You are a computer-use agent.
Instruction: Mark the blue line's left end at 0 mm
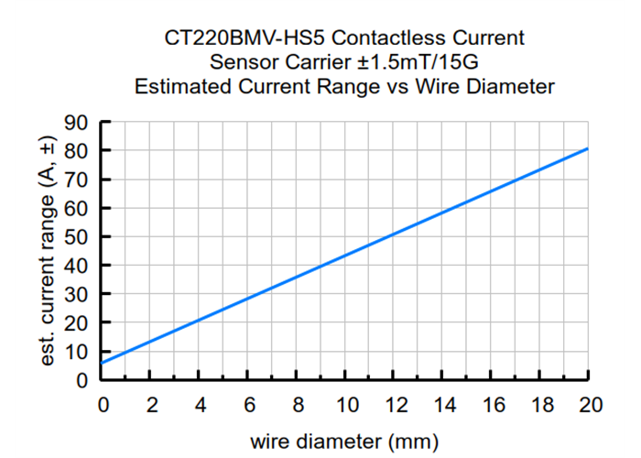(103, 363)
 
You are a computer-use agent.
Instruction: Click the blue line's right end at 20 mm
(587, 148)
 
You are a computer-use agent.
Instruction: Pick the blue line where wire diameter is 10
(345, 256)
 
